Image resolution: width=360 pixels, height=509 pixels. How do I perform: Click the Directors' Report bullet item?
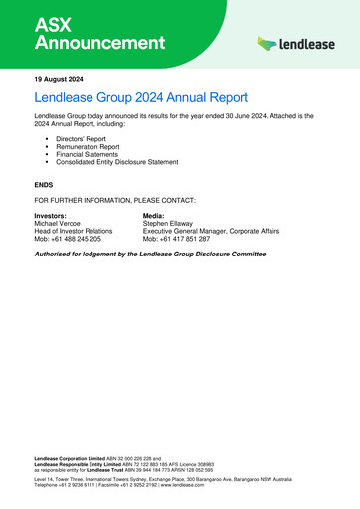tap(86, 140)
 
